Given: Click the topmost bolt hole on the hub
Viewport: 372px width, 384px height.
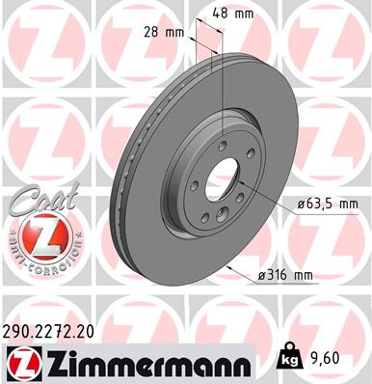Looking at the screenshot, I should tap(224, 146).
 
